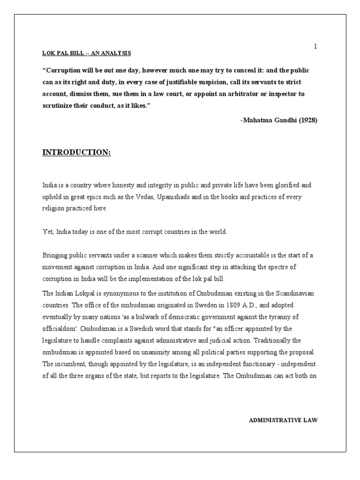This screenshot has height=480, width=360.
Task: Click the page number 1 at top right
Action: click(315, 46)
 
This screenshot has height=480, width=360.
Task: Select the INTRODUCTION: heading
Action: click(77, 153)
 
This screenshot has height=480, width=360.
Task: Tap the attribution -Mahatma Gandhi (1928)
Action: click(279, 120)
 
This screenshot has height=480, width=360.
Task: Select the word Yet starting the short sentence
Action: click(47, 232)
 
